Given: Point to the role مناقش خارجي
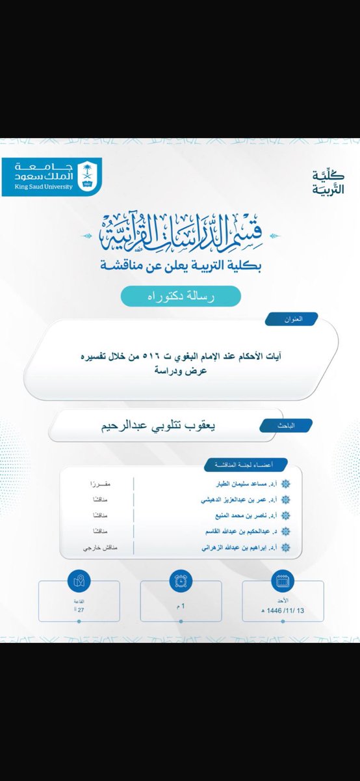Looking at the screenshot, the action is point(93,548).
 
